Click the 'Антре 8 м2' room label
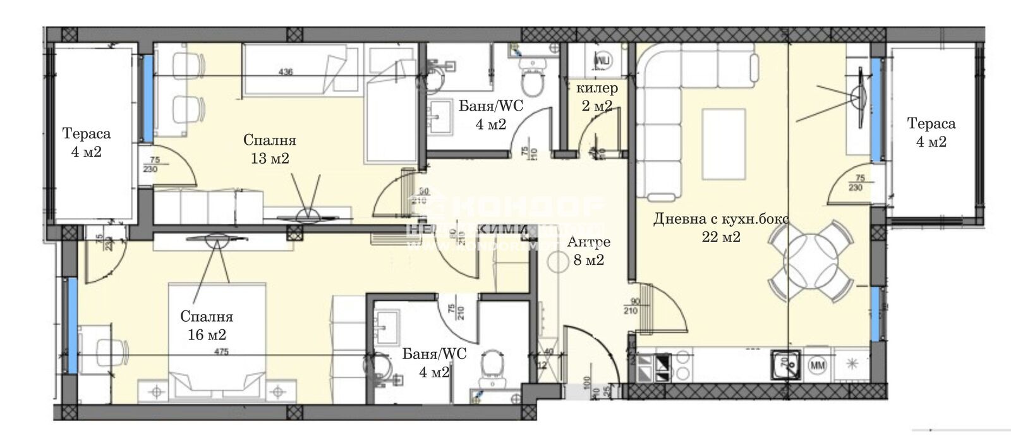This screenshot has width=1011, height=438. coord(588,251)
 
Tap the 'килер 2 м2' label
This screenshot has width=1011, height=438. coord(596,97)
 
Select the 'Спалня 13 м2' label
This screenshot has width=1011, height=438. coord(270,149)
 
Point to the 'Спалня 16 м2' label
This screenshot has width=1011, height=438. coord(207,325)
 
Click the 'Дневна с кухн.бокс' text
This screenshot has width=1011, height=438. coord(721,219)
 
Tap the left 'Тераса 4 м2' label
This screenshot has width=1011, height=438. coord(87,142)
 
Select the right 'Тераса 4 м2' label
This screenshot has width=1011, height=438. coord(931,132)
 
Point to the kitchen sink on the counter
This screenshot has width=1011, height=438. coord(785,365)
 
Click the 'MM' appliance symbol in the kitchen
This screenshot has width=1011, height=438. coord(818,365)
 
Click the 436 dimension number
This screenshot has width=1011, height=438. coord(286,72)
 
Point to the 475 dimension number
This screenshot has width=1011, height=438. coord(221,351)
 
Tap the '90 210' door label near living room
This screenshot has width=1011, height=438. coord(632,306)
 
